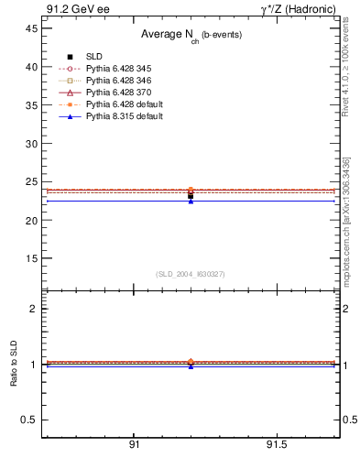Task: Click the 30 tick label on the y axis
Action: pyautogui.click(x=31, y=144)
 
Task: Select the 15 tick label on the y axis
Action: pyautogui.click(x=31, y=258)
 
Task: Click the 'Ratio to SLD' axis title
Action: pyautogui.click(x=13, y=364)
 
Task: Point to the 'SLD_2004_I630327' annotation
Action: pyautogui.click(x=190, y=274)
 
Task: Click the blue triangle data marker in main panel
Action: pyautogui.click(x=191, y=201)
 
